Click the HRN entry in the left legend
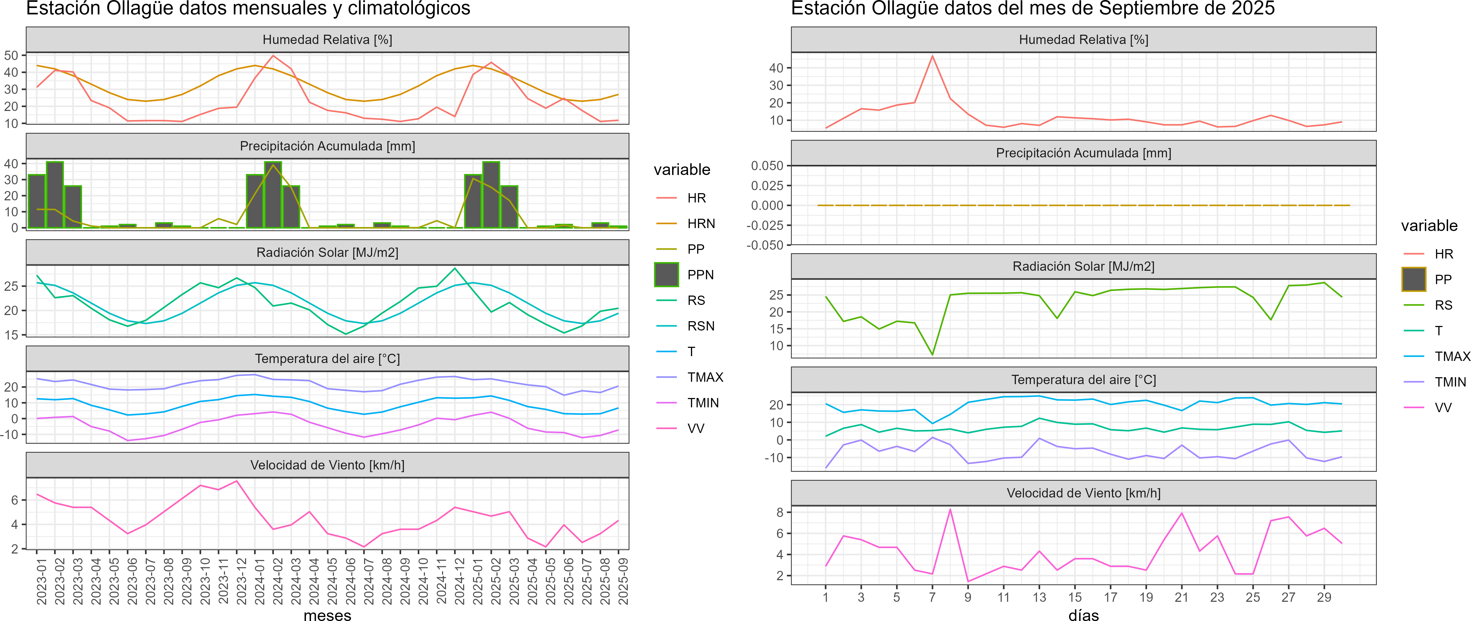pos(701,224)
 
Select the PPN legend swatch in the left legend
pos(667,274)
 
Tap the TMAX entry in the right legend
pos(1452,357)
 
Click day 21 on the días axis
pos(1181,598)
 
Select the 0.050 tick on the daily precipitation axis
pos(767,166)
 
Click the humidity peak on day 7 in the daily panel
pos(933,56)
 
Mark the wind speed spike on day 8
pos(950,509)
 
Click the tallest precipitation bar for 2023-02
pos(55,194)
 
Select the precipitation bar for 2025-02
pos(491,194)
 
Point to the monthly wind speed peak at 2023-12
pos(237,481)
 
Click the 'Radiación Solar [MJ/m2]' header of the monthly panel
pos(327,252)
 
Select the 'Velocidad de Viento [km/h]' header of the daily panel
pos(1083,493)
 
